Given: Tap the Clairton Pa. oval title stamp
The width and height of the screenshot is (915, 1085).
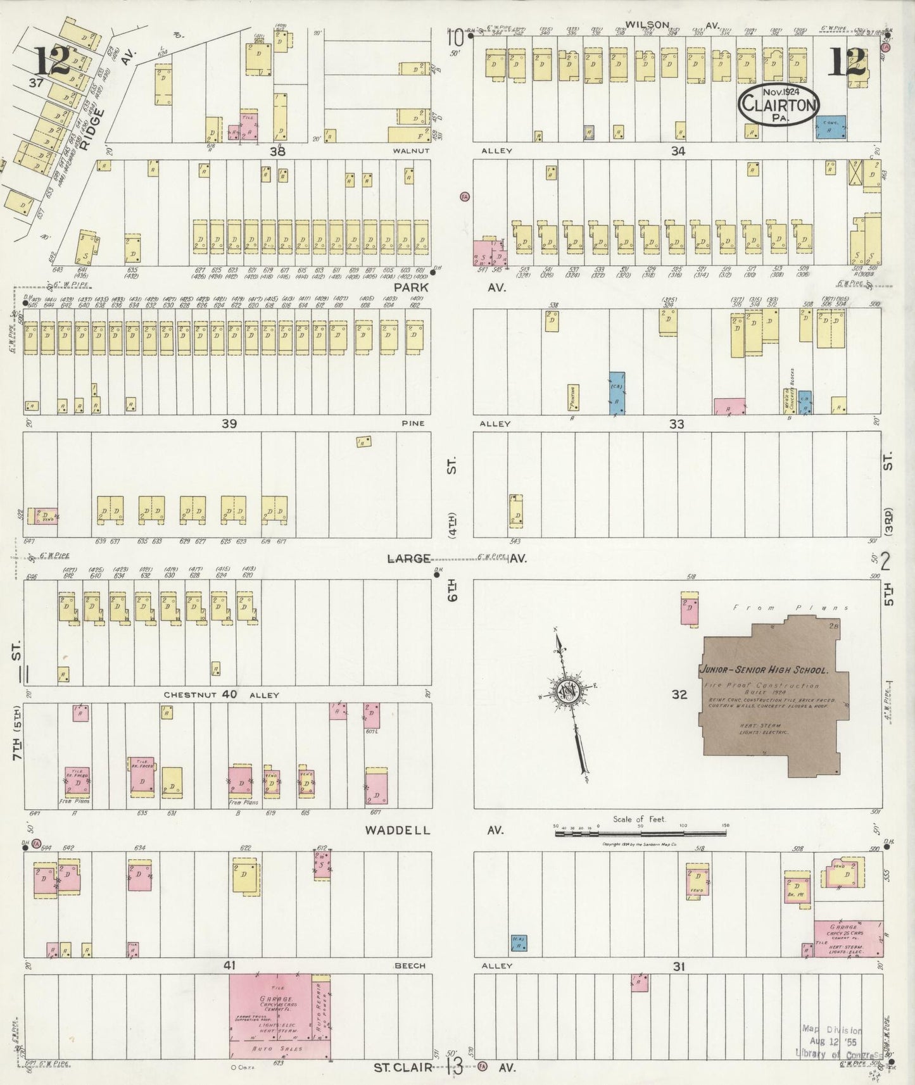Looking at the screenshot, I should (778, 104).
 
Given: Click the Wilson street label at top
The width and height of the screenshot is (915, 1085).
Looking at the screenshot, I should (647, 25).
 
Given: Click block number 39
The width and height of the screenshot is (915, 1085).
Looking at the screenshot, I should (229, 423).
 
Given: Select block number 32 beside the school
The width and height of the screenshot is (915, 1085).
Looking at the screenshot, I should (679, 694).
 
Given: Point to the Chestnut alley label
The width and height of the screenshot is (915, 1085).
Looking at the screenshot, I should (184, 694).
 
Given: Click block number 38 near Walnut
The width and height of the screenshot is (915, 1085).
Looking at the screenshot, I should (277, 151).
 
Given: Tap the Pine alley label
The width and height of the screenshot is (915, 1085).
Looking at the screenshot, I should (412, 423).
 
